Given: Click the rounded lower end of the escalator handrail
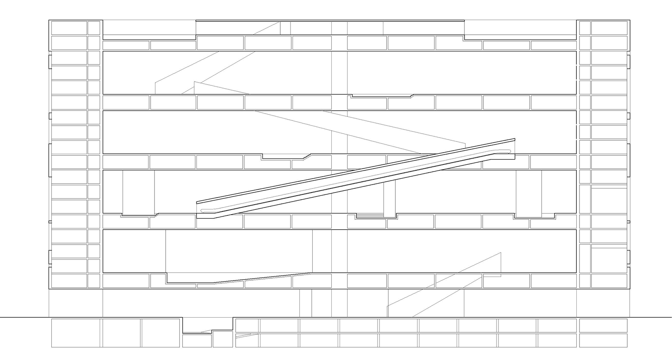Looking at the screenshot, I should (203, 211).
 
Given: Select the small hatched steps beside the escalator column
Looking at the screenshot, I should (370, 215).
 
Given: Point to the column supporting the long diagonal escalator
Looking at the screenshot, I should (389, 198).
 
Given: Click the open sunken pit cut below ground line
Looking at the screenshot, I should (208, 325).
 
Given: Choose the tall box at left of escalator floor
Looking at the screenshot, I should (138, 193).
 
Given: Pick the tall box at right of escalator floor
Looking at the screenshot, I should (529, 194).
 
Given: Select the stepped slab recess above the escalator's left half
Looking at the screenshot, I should (285, 156).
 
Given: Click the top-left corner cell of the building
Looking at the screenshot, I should (69, 28).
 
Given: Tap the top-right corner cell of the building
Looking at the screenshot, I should (609, 28).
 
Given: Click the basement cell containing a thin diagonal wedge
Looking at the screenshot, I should (247, 340).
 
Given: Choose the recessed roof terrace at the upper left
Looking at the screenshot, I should (149, 28).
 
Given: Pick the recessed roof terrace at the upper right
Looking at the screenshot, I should (520, 28).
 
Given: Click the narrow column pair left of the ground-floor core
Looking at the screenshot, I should (306, 303).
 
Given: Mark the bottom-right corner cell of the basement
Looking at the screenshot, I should (603, 340).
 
